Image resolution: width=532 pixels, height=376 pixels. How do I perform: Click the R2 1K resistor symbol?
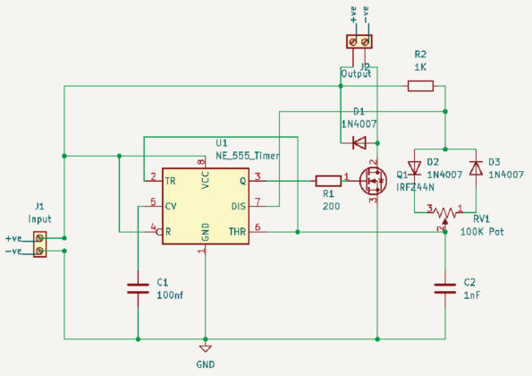coord(420,86)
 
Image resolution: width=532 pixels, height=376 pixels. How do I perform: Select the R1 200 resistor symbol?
coord(328,179)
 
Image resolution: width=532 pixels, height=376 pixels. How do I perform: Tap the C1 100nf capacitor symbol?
coord(138,288)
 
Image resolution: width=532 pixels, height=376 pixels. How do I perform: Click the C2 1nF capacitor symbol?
coord(445,288)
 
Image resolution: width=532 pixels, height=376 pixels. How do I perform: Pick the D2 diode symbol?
coord(414,167)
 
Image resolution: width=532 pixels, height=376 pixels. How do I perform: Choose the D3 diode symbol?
coord(476,167)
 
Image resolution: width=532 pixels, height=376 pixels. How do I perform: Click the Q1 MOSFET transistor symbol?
coord(370,180)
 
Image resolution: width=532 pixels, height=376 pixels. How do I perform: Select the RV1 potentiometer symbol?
coord(445,211)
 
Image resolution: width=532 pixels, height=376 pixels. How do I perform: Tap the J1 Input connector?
coord(39,244)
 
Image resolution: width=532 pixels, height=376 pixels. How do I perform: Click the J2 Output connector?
coord(359,41)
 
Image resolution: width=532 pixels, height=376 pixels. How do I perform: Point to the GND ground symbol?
coord(205,348)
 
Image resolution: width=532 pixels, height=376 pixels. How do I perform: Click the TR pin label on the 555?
coord(170,181)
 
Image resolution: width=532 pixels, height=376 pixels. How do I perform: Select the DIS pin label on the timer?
coord(238,206)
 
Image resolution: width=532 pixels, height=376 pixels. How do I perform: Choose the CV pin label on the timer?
coord(171,206)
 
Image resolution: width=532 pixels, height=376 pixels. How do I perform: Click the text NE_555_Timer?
coord(247,156)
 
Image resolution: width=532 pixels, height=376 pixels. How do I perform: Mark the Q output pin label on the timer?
coord(241,181)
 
